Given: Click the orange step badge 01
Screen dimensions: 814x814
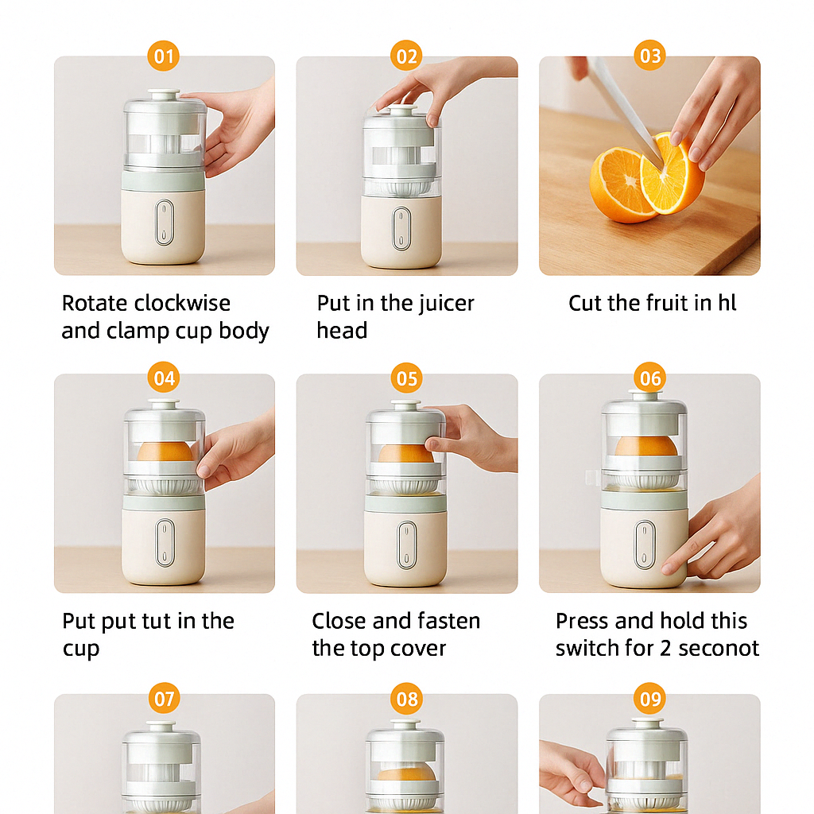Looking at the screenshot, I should point(164,56).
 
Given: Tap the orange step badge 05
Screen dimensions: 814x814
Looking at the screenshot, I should point(406,378).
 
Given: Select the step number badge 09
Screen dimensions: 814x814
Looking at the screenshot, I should point(650,699).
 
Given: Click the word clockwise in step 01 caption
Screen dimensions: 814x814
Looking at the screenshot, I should point(183,304).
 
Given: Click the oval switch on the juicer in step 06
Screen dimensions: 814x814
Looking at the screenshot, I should point(645,545).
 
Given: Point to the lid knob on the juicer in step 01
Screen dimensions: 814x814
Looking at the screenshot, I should point(164,94).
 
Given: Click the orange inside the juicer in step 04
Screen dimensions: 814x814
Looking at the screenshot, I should point(165,452).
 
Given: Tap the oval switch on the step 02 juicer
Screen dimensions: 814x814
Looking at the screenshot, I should point(403,228).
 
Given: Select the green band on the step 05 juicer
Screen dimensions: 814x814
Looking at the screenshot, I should point(405,502).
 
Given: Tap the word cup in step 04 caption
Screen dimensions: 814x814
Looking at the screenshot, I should point(80,649).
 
